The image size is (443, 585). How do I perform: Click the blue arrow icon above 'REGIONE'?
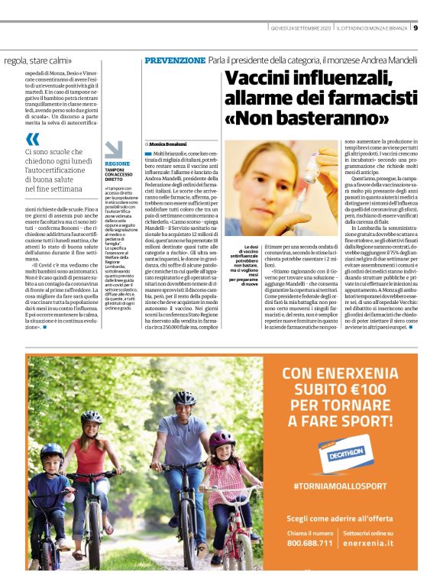pyautogui.click(x=114, y=150)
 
